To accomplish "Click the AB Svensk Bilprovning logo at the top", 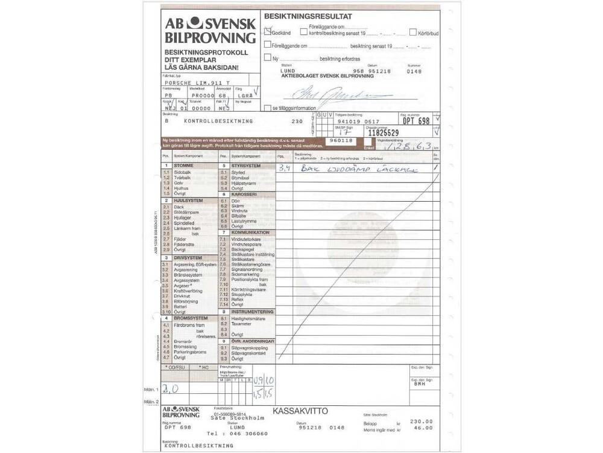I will coord(210,30).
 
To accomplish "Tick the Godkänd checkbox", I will coord(268,32).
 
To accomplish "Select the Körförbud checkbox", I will coord(413,32).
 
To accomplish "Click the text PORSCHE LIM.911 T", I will coord(197,82).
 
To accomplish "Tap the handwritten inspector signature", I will coord(341,95).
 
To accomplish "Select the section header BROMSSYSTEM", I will coord(191,318).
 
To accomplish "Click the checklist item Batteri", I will coord(181,307).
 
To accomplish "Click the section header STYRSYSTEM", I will coord(245,165).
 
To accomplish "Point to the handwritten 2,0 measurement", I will coord(171,390).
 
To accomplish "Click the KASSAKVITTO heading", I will coord(300,411).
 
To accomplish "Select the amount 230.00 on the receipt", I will coord(421,421).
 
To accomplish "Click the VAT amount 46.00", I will coord(423,428).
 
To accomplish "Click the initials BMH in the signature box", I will coord(420,384).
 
